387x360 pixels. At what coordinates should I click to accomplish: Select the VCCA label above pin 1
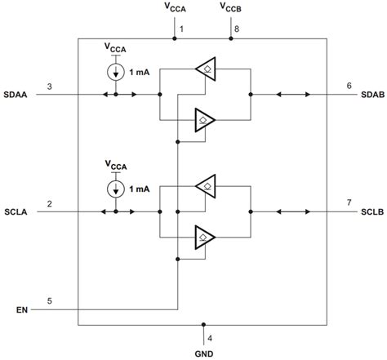tap(174, 8)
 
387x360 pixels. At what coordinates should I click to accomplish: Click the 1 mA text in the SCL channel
tap(139, 189)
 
